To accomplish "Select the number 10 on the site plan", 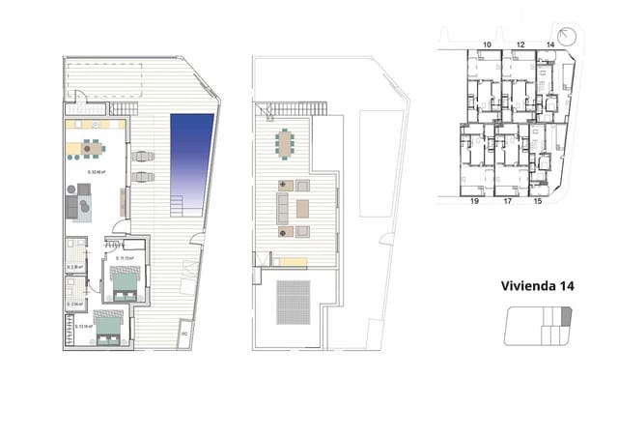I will (x=487, y=44).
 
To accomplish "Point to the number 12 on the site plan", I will (x=520, y=44).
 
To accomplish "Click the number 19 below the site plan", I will (x=475, y=202).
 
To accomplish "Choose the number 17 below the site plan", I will (x=507, y=202).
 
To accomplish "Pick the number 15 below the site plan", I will (x=538, y=202).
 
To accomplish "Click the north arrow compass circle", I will (x=567, y=36).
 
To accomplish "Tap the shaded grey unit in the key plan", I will (x=567, y=314).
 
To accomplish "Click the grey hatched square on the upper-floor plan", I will (x=295, y=303).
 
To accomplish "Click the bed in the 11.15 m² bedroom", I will (x=126, y=283).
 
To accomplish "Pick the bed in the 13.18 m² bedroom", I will (x=109, y=329).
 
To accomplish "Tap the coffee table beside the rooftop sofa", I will (x=302, y=208).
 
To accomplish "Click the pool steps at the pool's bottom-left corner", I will (x=178, y=206).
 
